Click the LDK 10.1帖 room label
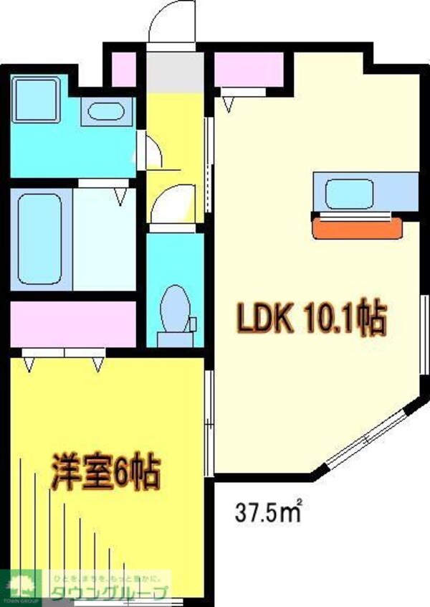point(311,319)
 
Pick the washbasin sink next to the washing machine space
point(108,113)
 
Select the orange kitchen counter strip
point(356,228)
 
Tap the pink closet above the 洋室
point(73,324)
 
